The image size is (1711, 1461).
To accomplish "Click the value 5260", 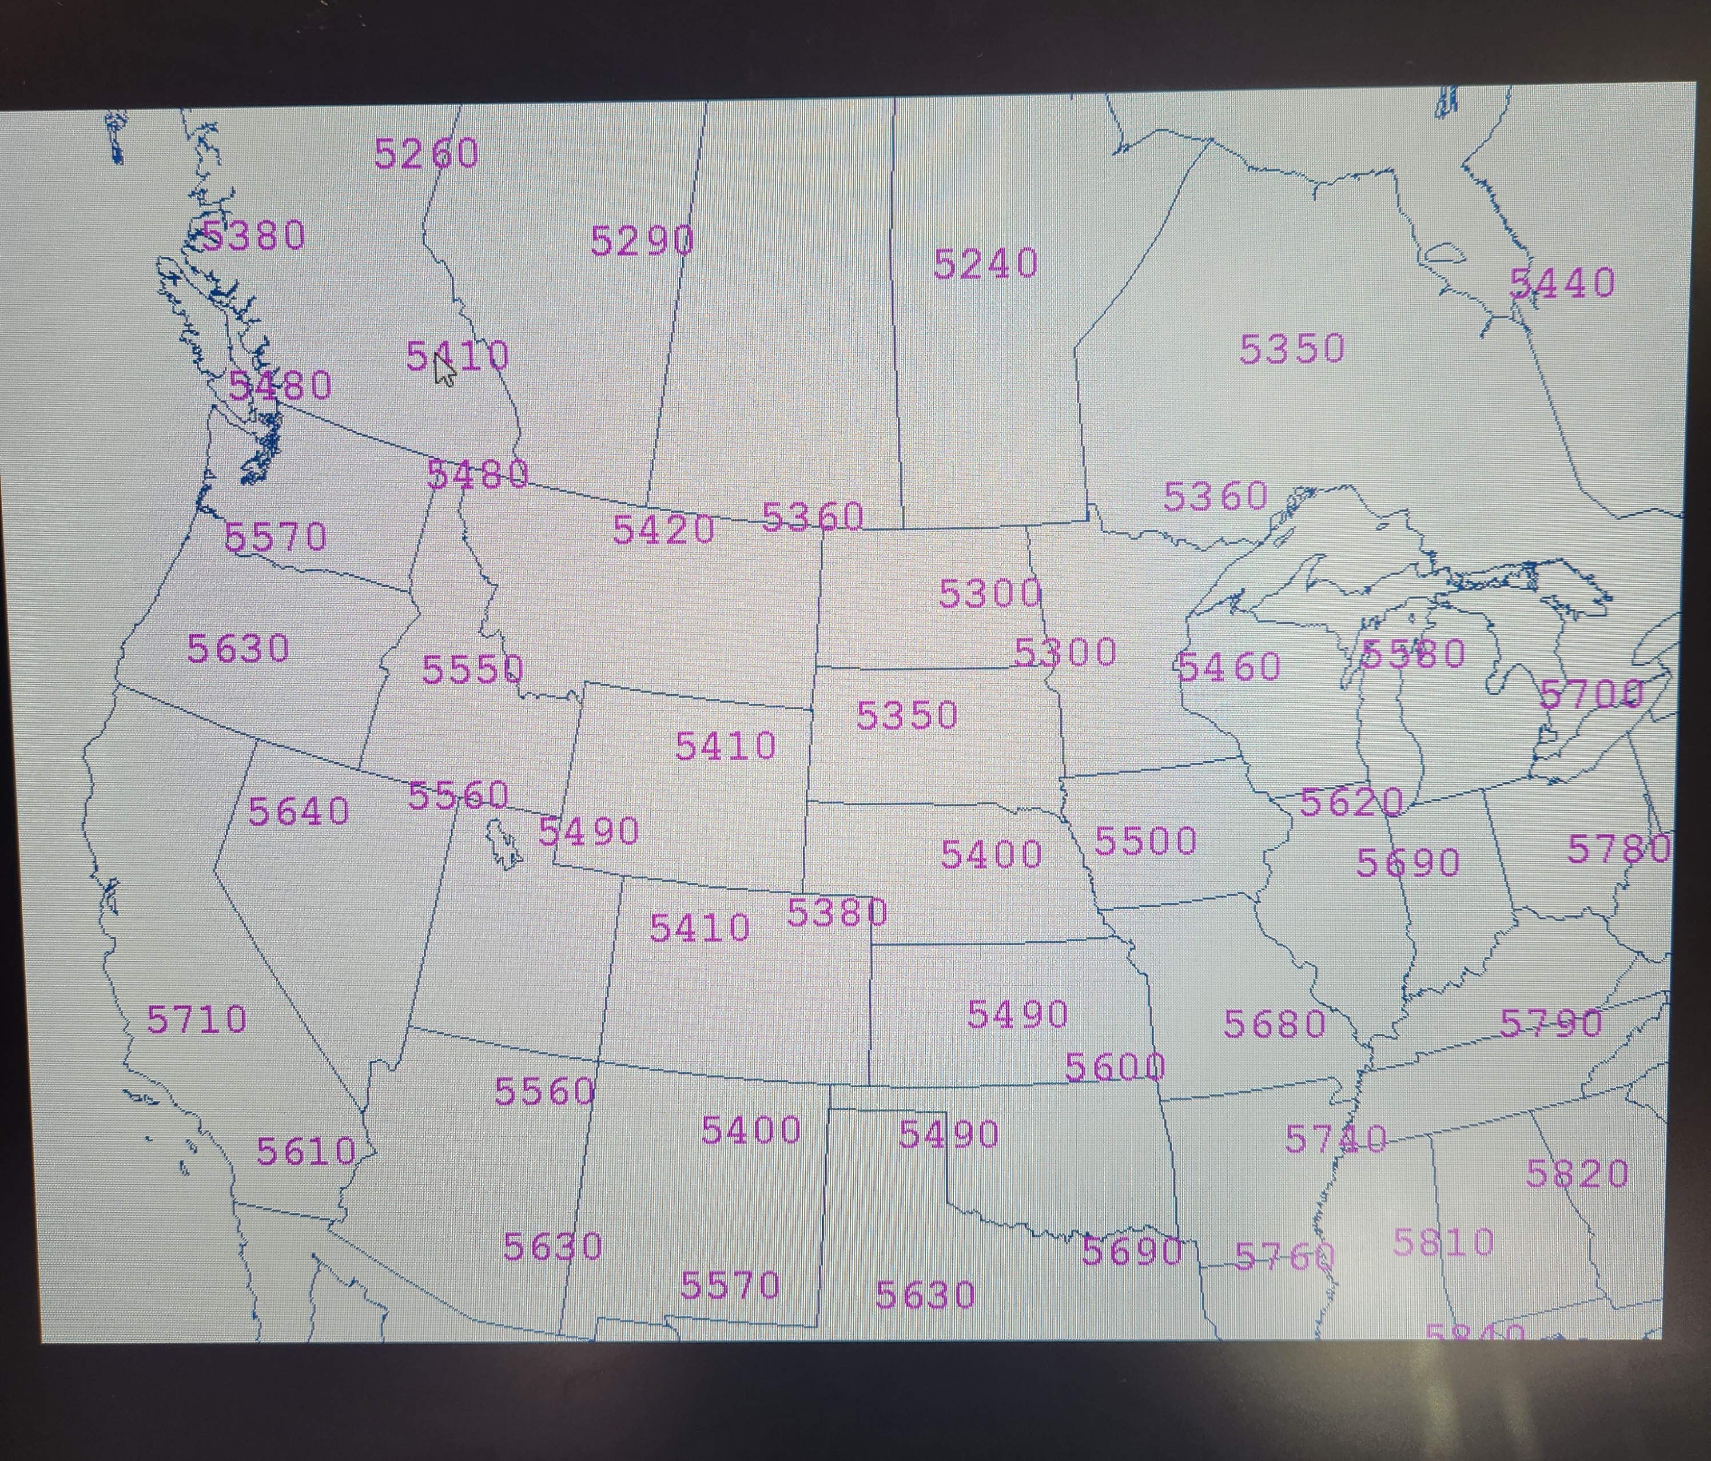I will point(426,154).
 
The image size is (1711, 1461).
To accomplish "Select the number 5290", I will point(642,241).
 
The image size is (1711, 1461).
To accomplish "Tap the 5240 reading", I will point(985,264).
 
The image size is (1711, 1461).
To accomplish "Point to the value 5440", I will point(1562,283).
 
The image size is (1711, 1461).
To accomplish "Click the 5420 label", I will point(663,530).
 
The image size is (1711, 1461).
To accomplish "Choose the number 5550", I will point(472,669).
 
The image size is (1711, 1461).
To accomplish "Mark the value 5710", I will point(197,1019).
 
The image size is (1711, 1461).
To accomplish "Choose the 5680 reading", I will point(1274,1024).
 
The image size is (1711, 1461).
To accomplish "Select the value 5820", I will point(1577,1173).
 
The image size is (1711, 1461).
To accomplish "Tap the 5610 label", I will point(305,1151).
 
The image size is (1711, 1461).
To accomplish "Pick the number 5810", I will point(1443,1242).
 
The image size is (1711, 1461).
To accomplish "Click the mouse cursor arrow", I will point(444,369).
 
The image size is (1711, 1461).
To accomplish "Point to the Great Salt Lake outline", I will point(503,843).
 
